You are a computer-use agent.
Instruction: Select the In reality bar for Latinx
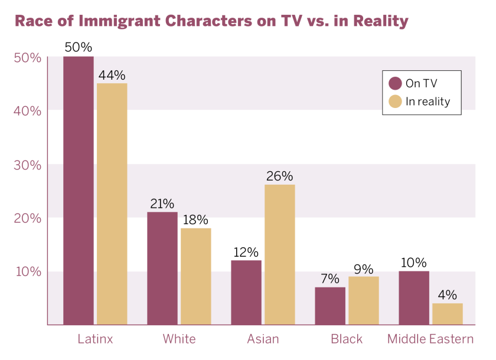(112, 204)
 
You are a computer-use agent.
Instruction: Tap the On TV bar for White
(162, 269)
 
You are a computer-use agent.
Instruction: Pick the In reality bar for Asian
(280, 254)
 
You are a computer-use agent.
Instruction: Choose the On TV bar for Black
(330, 306)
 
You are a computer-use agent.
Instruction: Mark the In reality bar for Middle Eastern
(448, 314)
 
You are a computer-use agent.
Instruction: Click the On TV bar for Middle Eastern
(414, 298)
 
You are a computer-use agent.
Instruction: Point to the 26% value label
(280, 176)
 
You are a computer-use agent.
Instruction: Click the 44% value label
(112, 75)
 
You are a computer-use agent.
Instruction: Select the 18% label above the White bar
(196, 220)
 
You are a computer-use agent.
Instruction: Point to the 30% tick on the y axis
(27, 165)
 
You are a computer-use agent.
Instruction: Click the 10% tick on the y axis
(27, 272)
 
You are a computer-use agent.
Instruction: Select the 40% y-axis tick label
(27, 111)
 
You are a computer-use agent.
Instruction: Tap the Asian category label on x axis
(263, 339)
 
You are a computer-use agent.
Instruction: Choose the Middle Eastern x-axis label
(430, 339)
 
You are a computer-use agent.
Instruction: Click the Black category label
(347, 339)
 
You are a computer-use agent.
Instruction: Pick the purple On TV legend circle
(396, 83)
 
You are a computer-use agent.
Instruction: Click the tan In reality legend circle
(396, 102)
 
